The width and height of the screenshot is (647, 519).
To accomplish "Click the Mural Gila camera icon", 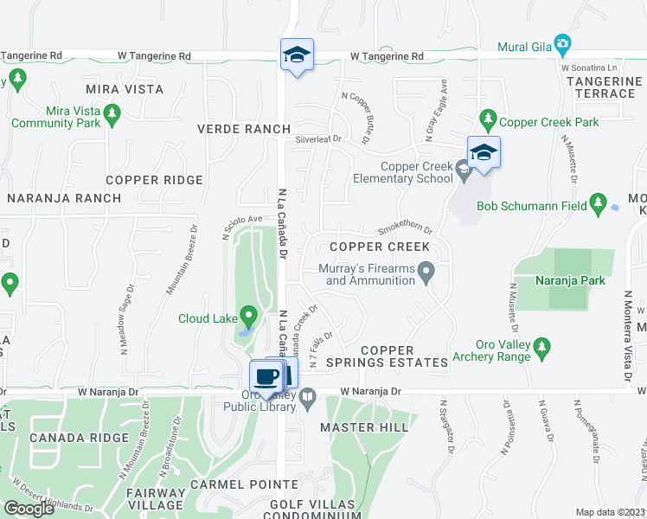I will coord(562,43).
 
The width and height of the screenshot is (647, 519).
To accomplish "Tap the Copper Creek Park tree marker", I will coord(488,117).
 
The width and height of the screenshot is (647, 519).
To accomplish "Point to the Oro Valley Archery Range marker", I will coord(542,347).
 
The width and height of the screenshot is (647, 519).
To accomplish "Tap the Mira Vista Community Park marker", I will coord(112,112).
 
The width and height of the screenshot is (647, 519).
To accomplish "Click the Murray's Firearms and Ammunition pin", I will coord(426,273).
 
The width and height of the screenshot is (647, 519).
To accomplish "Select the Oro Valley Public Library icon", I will coord(308,396).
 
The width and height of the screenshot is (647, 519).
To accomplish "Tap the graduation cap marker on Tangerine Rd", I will coord(297,55).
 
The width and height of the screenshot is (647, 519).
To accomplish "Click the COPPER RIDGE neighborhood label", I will coord(155,180).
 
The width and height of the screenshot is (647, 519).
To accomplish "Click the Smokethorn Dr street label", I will coord(406,230).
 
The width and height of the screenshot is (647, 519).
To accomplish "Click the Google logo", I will coord(29,508).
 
